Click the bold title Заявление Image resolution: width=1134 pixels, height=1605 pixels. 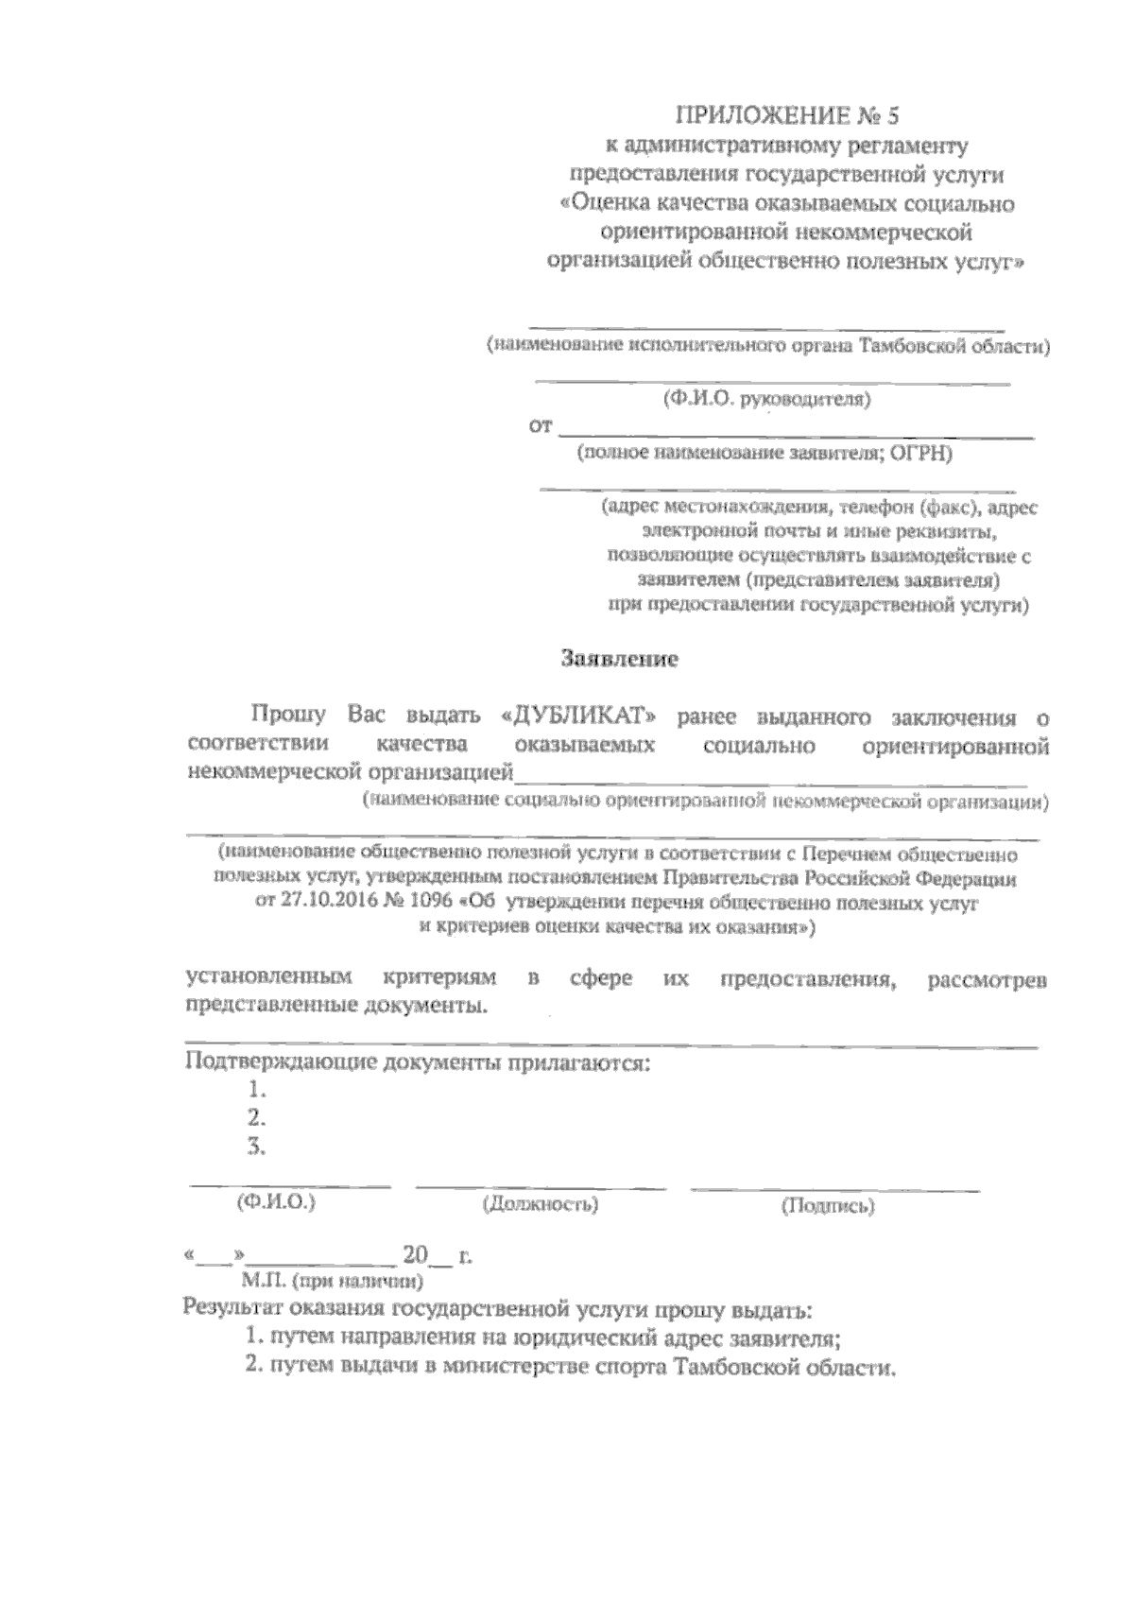(620, 659)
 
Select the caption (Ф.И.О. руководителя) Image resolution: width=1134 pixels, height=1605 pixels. (766, 399)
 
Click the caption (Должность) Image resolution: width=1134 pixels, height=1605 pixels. (540, 1204)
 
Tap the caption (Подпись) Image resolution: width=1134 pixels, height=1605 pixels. (827, 1206)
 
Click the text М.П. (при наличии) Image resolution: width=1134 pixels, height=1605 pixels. (332, 1282)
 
